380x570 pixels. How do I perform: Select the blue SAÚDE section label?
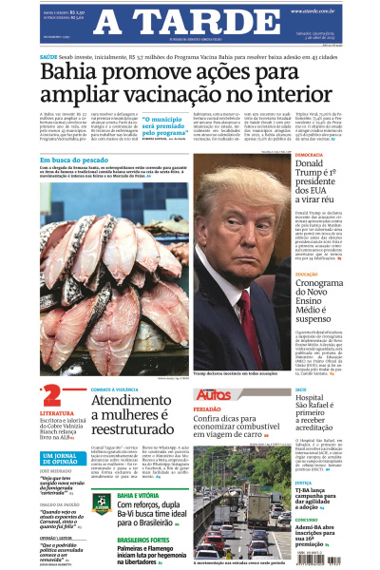48,56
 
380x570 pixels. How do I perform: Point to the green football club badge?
101,503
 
